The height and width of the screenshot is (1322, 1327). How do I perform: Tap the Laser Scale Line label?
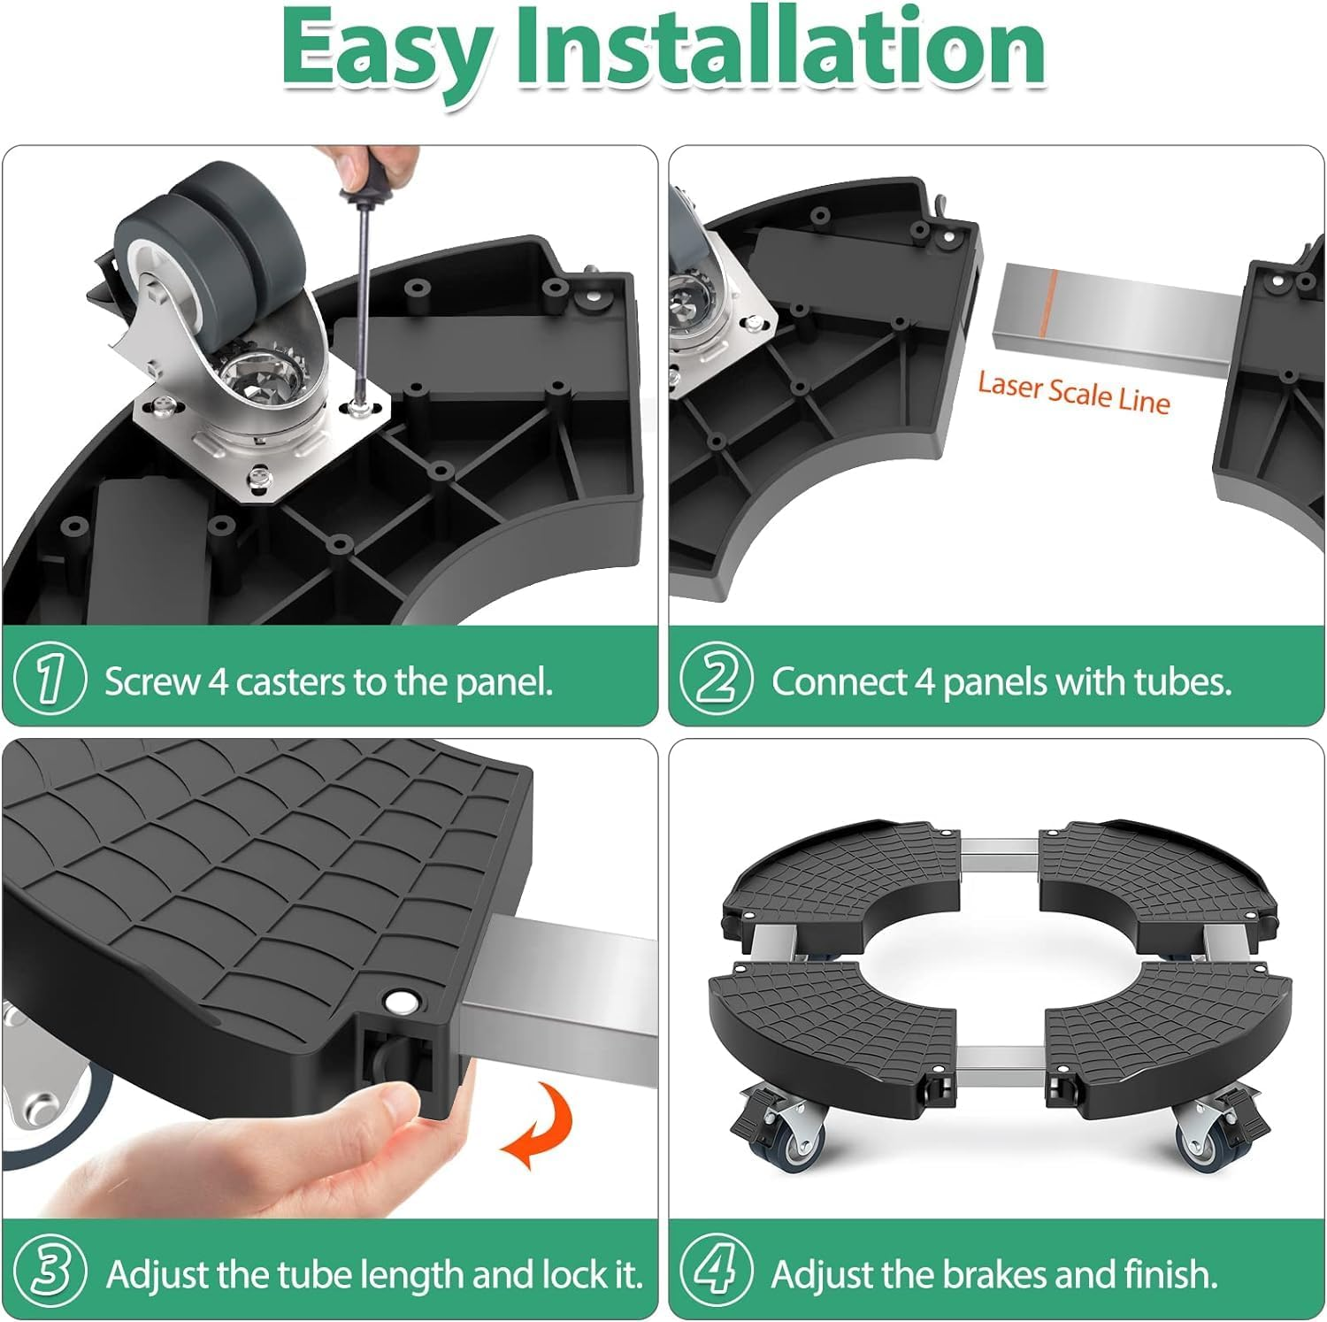click(1073, 393)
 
